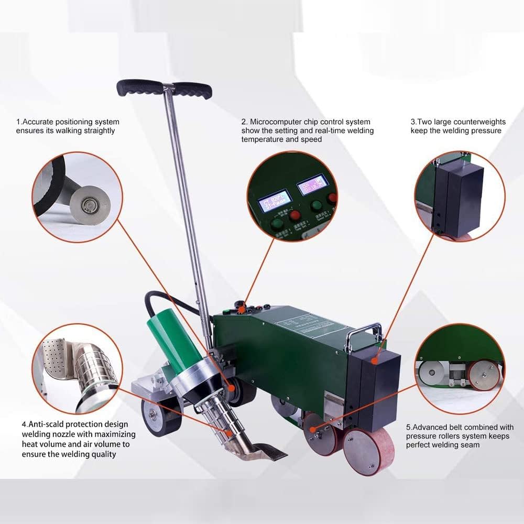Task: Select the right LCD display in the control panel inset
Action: [x=312, y=184]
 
